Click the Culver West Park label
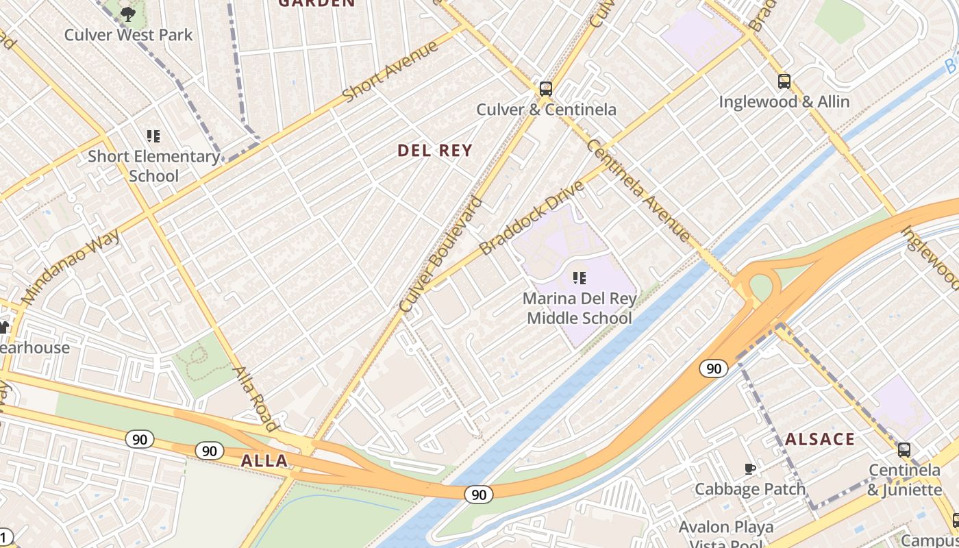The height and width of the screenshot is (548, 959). point(128,35)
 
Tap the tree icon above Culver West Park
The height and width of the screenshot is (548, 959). point(128,14)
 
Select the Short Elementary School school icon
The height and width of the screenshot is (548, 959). point(153,136)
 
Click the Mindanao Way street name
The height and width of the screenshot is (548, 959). point(71,267)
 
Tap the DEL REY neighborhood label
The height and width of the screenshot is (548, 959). point(435,151)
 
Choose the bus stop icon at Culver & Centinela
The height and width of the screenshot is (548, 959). point(546,89)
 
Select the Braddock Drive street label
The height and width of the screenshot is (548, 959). point(532,218)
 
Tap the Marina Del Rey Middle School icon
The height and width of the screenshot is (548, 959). point(580,278)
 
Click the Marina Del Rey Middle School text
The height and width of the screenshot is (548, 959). point(580,308)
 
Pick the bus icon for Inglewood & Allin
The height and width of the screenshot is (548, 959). point(784,82)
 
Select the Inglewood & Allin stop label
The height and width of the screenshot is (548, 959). point(784,102)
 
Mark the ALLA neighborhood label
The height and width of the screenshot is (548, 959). point(264,461)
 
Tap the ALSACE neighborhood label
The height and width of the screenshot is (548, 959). point(820,439)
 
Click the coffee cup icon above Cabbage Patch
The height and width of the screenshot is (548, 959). point(750,469)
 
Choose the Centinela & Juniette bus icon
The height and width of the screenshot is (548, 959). point(904,450)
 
